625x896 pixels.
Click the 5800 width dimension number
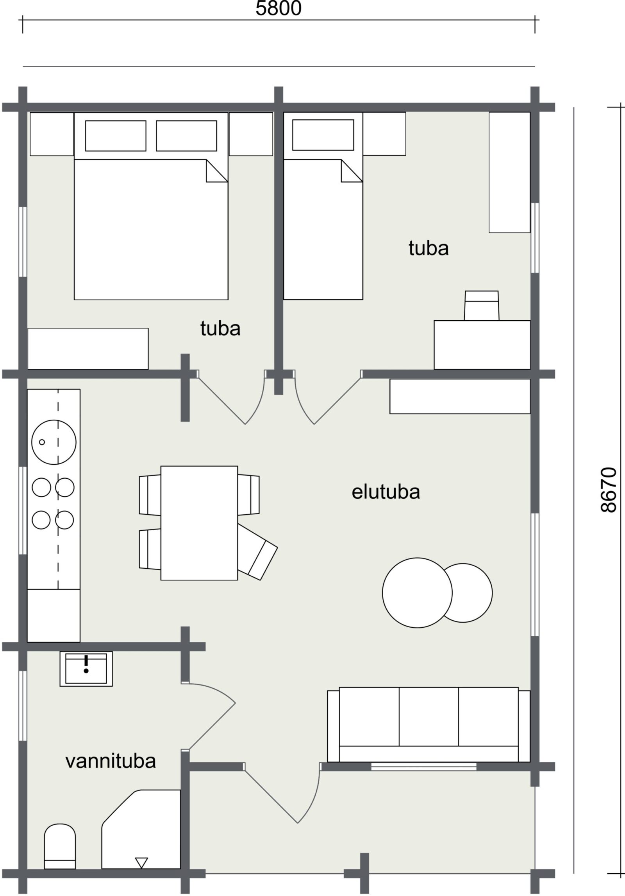[279, 8]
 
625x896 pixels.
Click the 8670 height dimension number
[608, 490]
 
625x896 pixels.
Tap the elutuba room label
[386, 492]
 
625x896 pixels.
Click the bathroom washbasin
[86, 669]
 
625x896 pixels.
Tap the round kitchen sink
[54, 442]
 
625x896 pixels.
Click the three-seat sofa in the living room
[429, 724]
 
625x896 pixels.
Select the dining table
[199, 523]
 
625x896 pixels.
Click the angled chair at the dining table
[257, 553]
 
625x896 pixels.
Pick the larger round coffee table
[417, 593]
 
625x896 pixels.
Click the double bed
[151, 206]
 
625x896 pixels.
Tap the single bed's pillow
[323, 135]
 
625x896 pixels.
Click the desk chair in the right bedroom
[481, 306]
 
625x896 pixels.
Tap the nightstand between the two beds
[251, 134]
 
